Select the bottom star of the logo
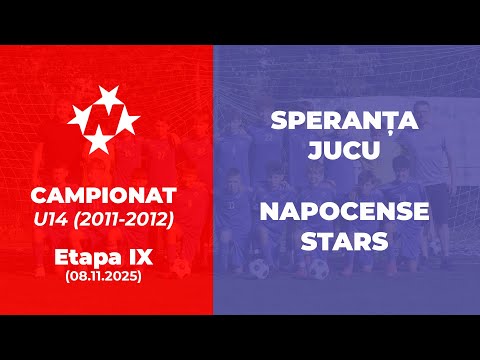(98, 143)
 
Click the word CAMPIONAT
(105, 191)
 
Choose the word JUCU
(344, 151)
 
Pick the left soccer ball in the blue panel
(258, 269)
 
